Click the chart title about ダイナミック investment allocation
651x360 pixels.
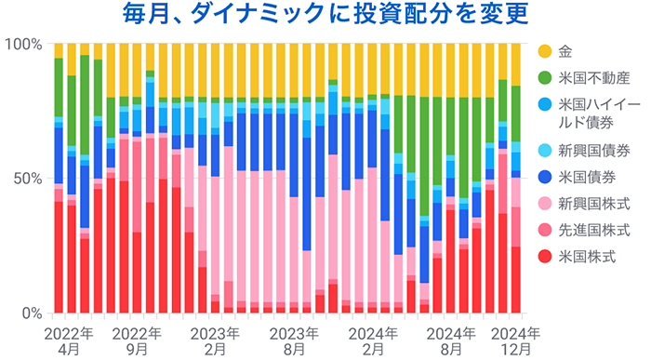[325, 16]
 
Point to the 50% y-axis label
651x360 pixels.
[26, 179]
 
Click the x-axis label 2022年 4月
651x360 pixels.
[67, 340]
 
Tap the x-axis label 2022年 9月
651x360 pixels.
[137, 340]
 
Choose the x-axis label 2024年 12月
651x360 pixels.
[515, 340]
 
